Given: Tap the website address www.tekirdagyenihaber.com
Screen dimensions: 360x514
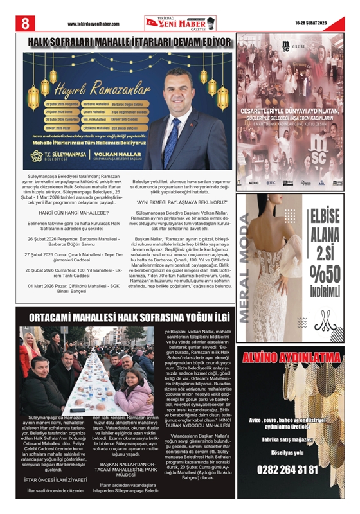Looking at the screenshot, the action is (93, 24).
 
